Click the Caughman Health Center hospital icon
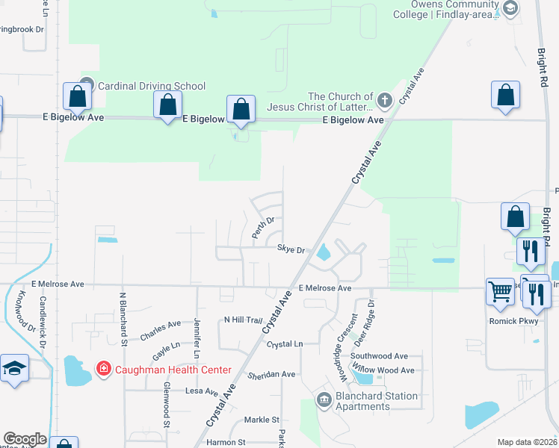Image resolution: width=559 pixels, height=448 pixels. (x=104, y=369)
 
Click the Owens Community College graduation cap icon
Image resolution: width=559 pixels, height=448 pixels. (x=510, y=8)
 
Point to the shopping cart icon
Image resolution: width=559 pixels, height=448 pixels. (x=500, y=292)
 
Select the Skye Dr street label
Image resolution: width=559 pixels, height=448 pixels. (x=291, y=249)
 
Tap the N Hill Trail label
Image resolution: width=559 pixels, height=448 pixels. (x=244, y=320)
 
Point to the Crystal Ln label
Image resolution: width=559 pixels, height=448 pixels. (x=285, y=344)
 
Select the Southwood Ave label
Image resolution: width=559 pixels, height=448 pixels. (x=380, y=356)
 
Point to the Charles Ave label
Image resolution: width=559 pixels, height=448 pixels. (x=161, y=330)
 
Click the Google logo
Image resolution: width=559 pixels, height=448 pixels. (x=25, y=439)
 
